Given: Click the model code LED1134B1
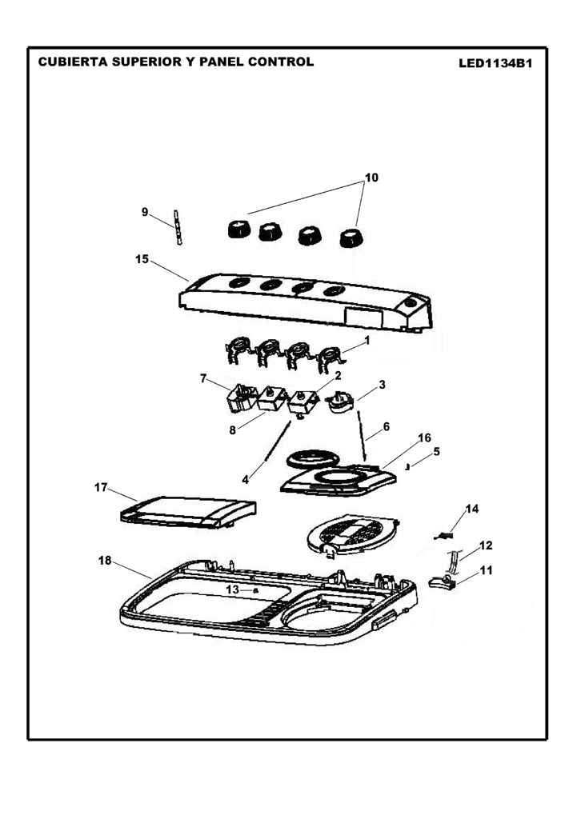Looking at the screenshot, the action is (495, 64).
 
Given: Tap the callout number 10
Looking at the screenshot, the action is (371, 178).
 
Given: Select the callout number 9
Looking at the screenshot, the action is (145, 212).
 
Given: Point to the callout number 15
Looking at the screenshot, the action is (142, 259).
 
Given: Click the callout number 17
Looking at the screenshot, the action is (101, 487).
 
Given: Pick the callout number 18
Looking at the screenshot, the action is (105, 561).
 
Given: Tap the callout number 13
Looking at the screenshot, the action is (233, 589).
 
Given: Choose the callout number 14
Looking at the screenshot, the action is (472, 509).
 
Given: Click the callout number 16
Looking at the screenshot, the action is (424, 437).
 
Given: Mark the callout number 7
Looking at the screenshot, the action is (203, 378).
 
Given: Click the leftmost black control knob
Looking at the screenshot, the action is (239, 230).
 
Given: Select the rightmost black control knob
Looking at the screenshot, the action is (351, 238).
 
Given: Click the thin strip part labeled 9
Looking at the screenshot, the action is (178, 228).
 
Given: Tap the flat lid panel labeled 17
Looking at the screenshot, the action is (188, 512).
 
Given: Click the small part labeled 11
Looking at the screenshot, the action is (443, 582).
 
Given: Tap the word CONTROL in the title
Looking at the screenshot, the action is (281, 62).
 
